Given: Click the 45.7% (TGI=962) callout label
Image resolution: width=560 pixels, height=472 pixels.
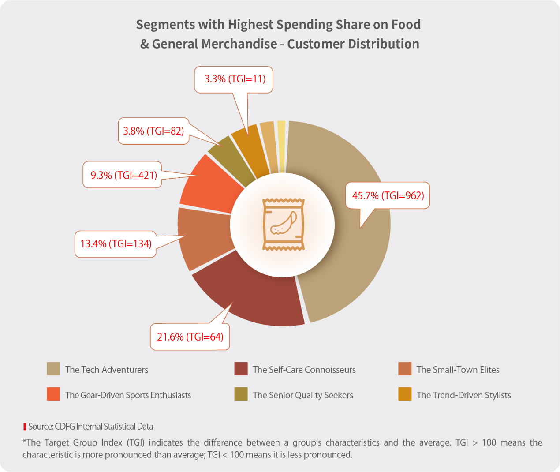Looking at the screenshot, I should pyautogui.click(x=388, y=195).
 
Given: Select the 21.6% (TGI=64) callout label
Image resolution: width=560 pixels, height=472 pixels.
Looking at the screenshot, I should pyautogui.click(x=190, y=337).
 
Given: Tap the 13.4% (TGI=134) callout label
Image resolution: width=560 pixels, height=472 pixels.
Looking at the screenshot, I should pyautogui.click(x=116, y=244).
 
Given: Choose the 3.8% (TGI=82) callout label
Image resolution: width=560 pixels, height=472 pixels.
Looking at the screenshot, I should pyautogui.click(x=153, y=131).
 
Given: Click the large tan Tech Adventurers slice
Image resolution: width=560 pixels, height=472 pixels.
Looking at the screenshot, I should pyautogui.click(x=353, y=247).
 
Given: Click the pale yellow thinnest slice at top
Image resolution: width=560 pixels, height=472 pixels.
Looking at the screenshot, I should pyautogui.click(x=281, y=132).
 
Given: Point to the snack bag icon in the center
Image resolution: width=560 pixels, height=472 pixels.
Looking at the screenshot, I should pyautogui.click(x=283, y=225).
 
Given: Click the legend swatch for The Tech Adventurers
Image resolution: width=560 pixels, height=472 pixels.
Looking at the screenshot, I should pyautogui.click(x=53, y=369).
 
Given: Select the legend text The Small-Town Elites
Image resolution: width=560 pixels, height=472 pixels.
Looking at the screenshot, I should pyautogui.click(x=458, y=370).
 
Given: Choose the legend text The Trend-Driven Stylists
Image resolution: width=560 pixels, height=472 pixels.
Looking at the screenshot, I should pyautogui.click(x=463, y=395).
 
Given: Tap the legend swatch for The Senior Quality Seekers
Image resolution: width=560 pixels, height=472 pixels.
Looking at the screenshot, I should pyautogui.click(x=241, y=394).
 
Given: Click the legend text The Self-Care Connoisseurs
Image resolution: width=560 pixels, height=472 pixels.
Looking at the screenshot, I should pyautogui.click(x=304, y=370).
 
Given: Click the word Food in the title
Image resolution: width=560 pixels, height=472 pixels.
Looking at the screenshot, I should pyautogui.click(x=406, y=24).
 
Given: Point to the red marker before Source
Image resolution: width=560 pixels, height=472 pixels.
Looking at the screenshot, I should pyautogui.click(x=25, y=427).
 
